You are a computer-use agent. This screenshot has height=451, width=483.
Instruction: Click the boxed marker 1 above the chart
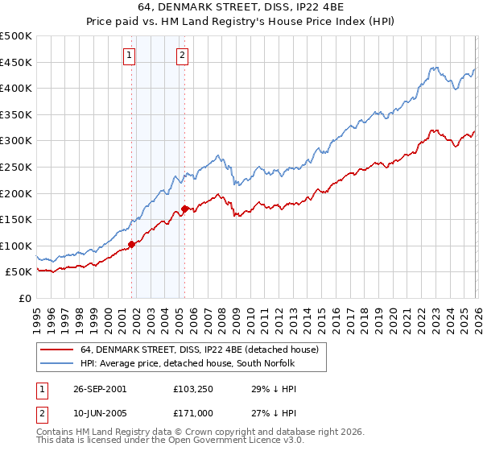tap(130, 56)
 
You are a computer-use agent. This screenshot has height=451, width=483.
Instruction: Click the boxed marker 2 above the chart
tap(183, 56)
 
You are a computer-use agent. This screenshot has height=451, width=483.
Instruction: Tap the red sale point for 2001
tap(131, 244)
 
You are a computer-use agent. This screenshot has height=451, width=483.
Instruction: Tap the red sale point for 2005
tap(184, 209)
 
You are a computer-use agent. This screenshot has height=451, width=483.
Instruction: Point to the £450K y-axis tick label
tap(16, 62)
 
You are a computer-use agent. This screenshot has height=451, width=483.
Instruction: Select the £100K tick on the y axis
tap(16, 246)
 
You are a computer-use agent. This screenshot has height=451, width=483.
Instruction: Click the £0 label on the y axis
tap(26, 298)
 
